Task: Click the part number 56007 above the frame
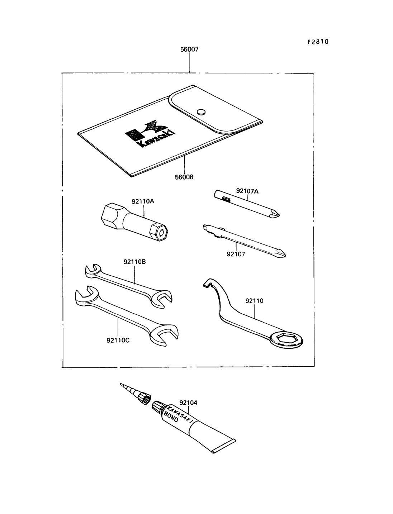click(x=189, y=49)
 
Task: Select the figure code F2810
click(x=318, y=42)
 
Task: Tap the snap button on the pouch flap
click(x=202, y=111)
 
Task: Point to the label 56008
click(x=184, y=177)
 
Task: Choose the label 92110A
click(x=143, y=201)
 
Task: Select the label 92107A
click(x=247, y=191)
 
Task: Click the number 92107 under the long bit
click(x=236, y=254)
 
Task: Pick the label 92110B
click(x=134, y=262)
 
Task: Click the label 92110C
click(x=118, y=340)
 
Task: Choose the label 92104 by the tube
click(x=188, y=403)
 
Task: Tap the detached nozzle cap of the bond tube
click(x=145, y=398)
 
